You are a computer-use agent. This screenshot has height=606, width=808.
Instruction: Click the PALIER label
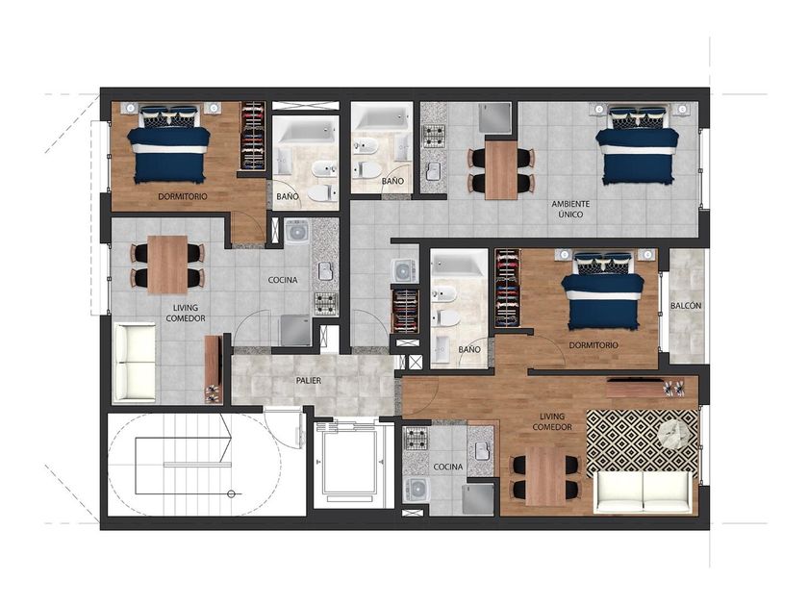pos(309,381)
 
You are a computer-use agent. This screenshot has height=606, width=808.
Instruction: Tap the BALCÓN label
pos(686,306)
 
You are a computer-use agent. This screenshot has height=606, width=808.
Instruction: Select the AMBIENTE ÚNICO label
pos(570,209)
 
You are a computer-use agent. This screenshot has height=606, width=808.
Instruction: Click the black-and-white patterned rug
pos(644,443)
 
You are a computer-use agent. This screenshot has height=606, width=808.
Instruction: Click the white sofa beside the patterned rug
pos(644,492)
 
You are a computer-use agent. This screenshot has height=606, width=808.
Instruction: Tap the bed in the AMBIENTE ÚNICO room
pos(638,145)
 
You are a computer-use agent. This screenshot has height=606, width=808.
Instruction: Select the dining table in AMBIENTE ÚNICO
pos(501,169)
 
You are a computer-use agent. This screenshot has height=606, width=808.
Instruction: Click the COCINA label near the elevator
pos(448,467)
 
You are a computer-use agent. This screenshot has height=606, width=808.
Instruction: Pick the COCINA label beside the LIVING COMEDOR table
pos(283,280)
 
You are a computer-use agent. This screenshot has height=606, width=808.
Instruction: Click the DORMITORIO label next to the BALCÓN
pos(593,345)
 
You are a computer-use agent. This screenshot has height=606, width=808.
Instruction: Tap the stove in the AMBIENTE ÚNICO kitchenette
pos(434,136)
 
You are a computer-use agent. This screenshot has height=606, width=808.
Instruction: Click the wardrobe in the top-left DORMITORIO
pos(253,136)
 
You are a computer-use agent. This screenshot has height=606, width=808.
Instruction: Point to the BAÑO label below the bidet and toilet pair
pos(392,182)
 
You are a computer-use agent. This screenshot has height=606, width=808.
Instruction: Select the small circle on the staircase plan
pos(232,494)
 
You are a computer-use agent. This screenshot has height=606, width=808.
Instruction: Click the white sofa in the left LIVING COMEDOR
pos(134,362)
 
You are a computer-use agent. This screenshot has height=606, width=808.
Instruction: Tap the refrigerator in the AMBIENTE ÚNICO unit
pos(494,118)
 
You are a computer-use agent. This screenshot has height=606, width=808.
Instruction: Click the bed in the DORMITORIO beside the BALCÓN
pos(602,290)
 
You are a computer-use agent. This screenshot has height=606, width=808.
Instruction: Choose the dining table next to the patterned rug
pos(545,476)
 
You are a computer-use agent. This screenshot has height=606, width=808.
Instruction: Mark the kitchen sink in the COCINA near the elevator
pos(482,451)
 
